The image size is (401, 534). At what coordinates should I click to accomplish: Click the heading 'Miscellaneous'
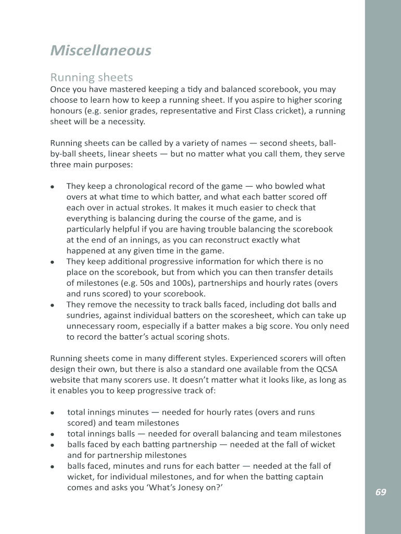101,51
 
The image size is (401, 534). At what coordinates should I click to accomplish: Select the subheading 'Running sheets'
91,78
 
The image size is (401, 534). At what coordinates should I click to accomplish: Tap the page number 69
381,492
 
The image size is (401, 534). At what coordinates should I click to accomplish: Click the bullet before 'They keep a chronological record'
53,187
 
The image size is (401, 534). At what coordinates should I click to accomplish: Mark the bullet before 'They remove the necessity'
53,305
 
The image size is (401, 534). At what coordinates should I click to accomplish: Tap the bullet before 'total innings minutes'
53,413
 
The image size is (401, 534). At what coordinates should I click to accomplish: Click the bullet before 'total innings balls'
53,434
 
